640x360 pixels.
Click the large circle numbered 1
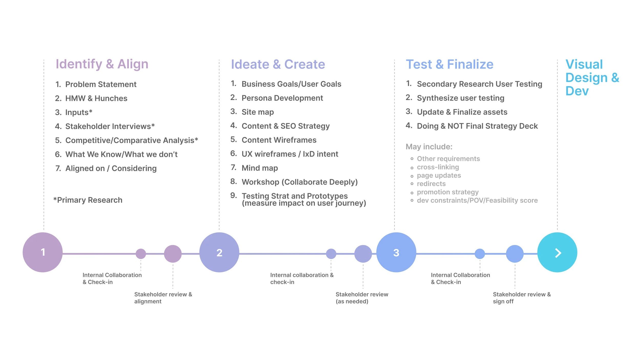coord(43,252)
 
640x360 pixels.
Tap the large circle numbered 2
coord(219,252)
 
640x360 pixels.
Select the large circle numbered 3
coord(396,252)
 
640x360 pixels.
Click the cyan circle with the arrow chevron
coord(557,252)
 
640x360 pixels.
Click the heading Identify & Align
coord(102,64)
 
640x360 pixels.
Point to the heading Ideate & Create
coord(278,64)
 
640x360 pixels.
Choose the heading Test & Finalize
coord(450,64)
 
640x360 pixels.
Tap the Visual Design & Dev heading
coord(592,78)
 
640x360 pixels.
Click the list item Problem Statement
coord(101,84)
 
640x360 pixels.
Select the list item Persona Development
coord(282,98)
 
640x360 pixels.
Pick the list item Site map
coord(258,112)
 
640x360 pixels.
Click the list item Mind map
coord(260,168)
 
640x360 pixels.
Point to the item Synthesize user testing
coord(460,98)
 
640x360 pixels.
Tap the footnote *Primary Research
coord(88,200)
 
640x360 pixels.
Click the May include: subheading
coord(429,147)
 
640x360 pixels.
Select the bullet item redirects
coord(431,184)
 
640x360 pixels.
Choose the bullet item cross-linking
coord(438,167)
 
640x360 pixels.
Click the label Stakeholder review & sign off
coord(521,298)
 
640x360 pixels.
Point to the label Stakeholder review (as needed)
coord(362,298)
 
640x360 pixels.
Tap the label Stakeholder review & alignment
coord(163,298)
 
